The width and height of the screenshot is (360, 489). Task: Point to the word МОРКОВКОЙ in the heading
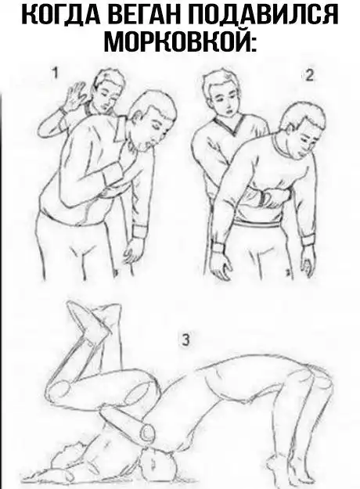[180, 41]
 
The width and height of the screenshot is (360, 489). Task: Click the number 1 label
[55, 74]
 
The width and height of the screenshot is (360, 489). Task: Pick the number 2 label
[309, 76]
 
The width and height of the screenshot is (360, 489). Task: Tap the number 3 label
[185, 340]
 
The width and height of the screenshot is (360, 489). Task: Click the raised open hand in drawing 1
[74, 95]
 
